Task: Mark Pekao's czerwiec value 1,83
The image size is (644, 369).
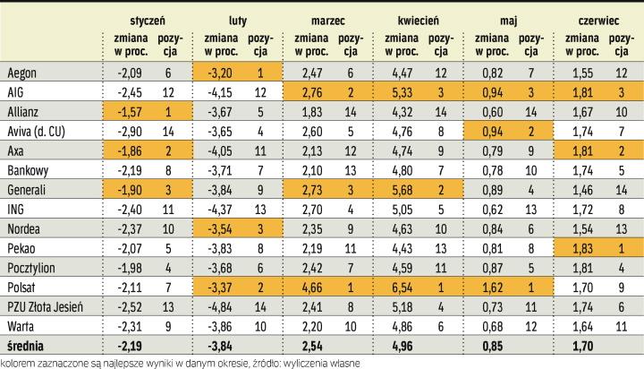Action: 575,248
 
